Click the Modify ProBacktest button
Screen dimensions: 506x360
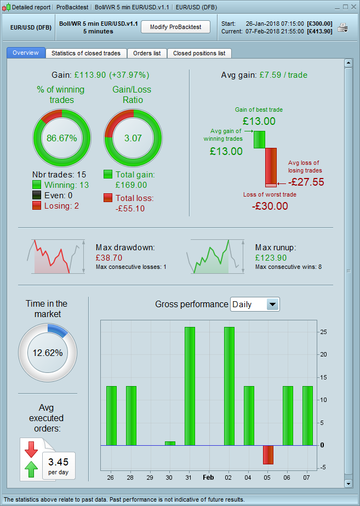point(175,27)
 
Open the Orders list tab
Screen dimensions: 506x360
point(147,53)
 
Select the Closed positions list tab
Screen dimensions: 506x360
point(199,53)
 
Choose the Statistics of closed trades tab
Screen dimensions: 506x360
point(86,53)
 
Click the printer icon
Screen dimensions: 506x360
point(342,27)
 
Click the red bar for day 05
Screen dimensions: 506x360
point(268,455)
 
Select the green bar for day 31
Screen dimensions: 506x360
point(190,386)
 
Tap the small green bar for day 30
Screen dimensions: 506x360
point(170,443)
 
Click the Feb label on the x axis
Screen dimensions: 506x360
point(209,477)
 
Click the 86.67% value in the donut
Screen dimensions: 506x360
point(61,137)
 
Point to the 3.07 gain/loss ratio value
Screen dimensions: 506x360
point(133,137)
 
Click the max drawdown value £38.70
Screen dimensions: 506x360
point(108,257)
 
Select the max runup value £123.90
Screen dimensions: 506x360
point(271,257)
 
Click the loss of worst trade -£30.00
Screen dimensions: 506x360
point(270,206)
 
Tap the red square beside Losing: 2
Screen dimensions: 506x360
point(37,205)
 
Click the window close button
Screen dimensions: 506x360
point(353,7)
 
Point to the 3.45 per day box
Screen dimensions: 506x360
point(58,465)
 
